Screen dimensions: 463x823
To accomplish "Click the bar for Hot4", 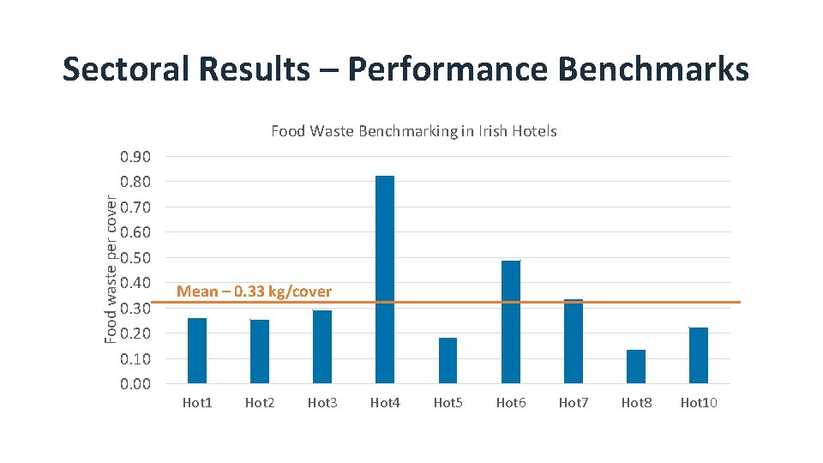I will point(385,280).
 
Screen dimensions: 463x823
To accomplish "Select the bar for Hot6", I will point(511,322).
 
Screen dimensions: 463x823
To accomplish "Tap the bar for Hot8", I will point(636,366).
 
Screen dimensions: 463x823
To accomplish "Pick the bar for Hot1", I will point(197,350).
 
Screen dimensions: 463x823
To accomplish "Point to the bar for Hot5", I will point(448,360).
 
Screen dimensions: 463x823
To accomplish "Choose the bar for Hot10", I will point(699,355).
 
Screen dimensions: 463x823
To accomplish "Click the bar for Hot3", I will point(322,346).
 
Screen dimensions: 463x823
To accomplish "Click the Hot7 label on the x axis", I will point(574,402).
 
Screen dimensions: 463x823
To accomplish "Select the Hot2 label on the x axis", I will point(260,402).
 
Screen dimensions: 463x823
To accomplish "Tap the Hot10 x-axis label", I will point(699,402).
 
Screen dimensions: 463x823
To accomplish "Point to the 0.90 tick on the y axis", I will point(135,157).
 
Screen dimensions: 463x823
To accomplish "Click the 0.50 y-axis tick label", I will point(135,258).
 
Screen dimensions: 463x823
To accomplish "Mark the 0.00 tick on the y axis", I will point(135,384).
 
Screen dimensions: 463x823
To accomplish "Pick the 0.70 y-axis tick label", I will point(135,207).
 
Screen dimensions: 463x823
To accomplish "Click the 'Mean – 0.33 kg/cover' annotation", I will point(254,292).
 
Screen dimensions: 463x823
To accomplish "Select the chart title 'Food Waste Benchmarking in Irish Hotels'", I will point(414,131).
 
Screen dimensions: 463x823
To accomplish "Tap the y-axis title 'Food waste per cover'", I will point(111,268).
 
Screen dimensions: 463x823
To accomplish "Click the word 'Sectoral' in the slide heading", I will point(120,69).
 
